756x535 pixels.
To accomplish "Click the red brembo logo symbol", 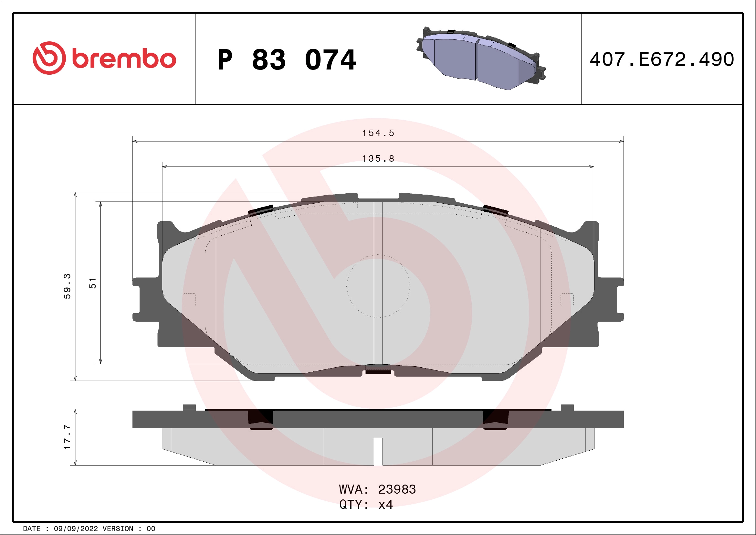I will click(x=49, y=58).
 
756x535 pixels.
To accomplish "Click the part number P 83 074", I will click(x=287, y=60).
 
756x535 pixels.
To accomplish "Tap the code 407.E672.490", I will click(x=662, y=59).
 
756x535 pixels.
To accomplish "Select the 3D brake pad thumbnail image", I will click(x=480, y=59).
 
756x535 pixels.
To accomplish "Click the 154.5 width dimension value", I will click(x=378, y=133).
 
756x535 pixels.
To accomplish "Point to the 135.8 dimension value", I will click(x=378, y=159).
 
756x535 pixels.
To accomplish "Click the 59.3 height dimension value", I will click(x=67, y=286).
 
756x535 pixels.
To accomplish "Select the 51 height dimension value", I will click(x=93, y=283).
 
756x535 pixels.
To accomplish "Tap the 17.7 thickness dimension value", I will click(x=67, y=437).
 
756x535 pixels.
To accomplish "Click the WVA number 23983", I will click(x=397, y=489).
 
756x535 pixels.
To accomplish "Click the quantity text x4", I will click(x=385, y=505).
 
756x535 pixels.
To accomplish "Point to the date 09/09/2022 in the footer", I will click(x=76, y=529).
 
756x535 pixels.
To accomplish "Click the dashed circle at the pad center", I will click(x=378, y=286).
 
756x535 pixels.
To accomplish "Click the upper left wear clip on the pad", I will click(x=260, y=210).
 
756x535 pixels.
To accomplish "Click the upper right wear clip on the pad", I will click(x=496, y=210).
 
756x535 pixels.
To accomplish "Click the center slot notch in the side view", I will click(x=378, y=451).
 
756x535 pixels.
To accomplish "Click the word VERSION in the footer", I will click(x=118, y=529).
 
